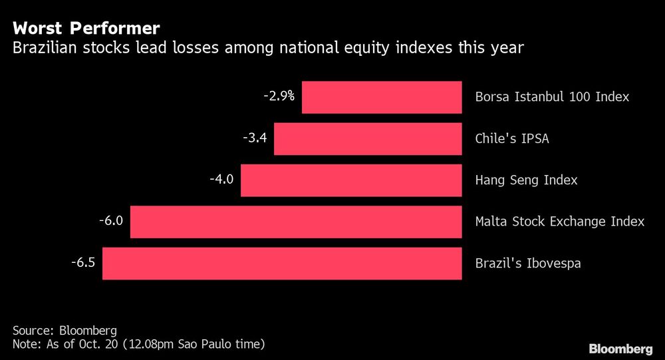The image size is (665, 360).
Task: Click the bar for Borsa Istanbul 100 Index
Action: [x=382, y=97]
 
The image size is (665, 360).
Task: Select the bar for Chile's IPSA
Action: [x=368, y=138]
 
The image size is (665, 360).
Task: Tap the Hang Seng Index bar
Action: [x=351, y=180]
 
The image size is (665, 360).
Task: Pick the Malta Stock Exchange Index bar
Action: [x=296, y=222]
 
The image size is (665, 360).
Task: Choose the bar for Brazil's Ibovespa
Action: [x=282, y=264]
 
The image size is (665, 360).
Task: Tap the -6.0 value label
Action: [x=111, y=220]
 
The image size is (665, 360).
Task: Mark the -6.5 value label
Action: [x=83, y=262]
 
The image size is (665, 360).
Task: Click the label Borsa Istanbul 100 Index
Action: [x=552, y=97]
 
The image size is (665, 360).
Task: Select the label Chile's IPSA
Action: [x=512, y=139]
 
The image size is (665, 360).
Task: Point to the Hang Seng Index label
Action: [x=526, y=180]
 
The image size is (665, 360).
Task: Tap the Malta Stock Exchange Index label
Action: [x=559, y=222]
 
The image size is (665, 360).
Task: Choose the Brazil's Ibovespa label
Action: [x=528, y=264]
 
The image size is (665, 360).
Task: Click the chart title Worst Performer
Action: [x=86, y=29]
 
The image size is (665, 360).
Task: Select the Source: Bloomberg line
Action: [x=65, y=331]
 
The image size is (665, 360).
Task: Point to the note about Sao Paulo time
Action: [x=138, y=344]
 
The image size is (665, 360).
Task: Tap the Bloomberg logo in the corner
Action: [x=620, y=349]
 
